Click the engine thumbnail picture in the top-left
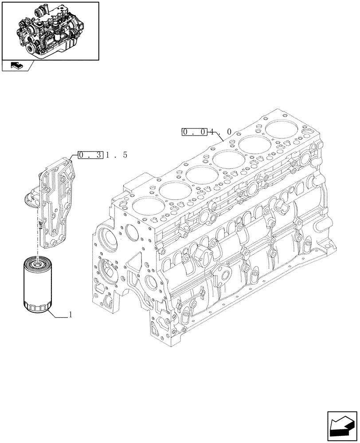50,30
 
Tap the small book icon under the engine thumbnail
16,66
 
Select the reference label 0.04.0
207,132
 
